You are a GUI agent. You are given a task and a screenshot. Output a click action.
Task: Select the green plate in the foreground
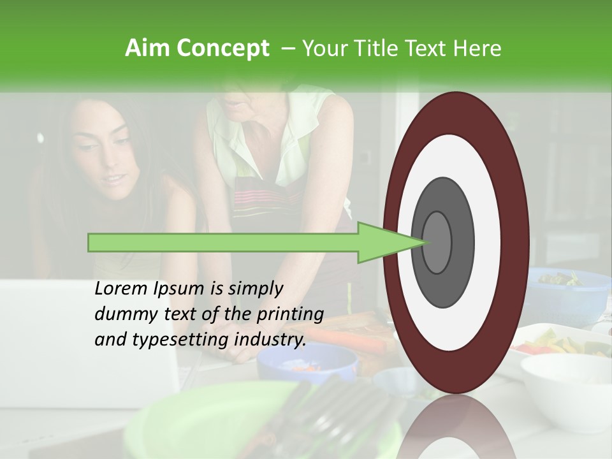[210, 414]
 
